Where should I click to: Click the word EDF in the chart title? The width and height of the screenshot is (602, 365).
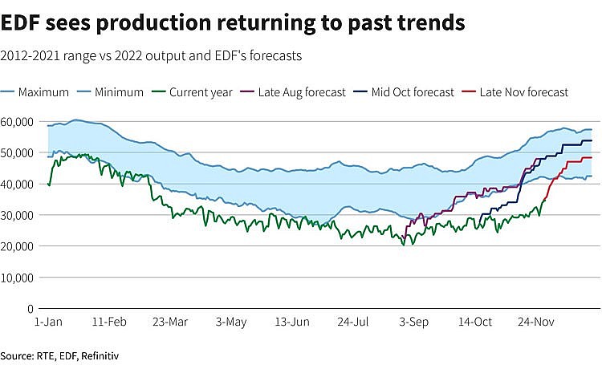[x=21, y=23]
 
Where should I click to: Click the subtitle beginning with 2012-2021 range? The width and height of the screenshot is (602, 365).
[x=150, y=56]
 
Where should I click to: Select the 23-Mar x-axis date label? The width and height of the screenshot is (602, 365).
[x=170, y=322]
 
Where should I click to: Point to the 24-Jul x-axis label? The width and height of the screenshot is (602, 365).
[x=354, y=322]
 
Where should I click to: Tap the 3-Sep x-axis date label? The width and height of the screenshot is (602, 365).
[x=414, y=322]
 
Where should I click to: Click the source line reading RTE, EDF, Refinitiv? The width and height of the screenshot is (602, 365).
[x=64, y=354]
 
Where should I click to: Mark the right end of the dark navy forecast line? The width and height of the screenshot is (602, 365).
[x=592, y=140]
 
